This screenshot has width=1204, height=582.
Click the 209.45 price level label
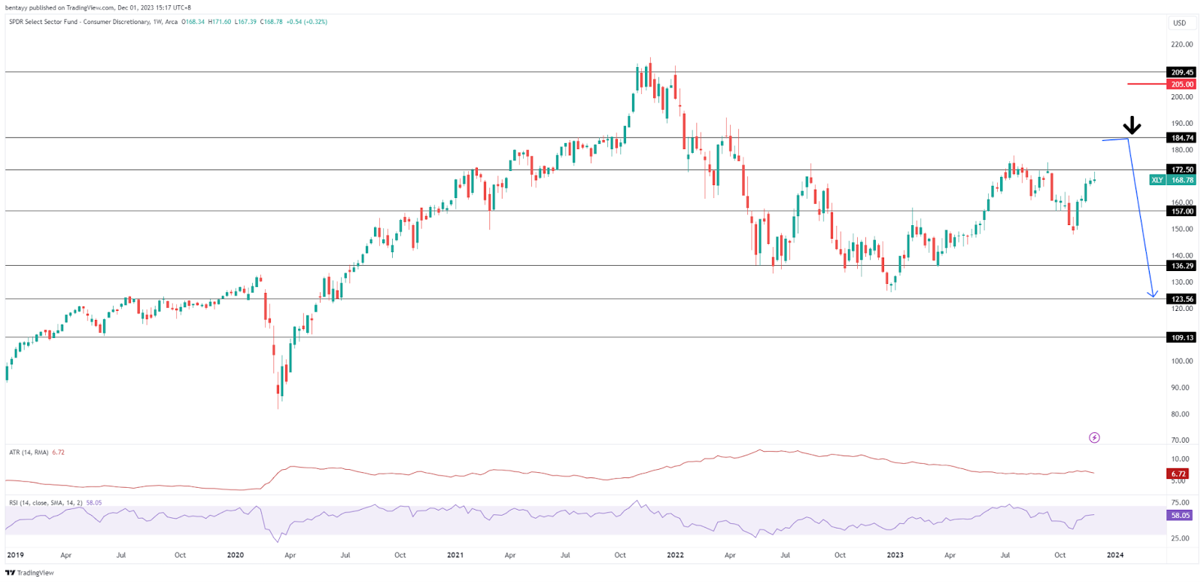tap(1181, 72)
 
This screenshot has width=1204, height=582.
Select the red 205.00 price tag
tap(1181, 84)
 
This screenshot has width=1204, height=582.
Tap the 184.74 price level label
tap(1181, 138)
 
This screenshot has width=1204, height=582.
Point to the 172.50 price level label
tap(1181, 169)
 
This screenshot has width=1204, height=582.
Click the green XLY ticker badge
tap(1157, 180)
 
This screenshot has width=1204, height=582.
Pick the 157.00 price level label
tap(1181, 212)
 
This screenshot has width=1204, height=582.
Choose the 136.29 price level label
tap(1181, 266)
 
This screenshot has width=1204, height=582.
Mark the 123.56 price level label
tap(1181, 299)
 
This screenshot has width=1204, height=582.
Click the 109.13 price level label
tap(1181, 337)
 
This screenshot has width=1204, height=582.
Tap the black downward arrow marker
tap(1132, 126)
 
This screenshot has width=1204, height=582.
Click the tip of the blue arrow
tap(1153, 297)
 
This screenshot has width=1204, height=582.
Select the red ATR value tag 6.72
tap(1178, 474)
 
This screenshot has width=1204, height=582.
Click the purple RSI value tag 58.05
tap(1180, 516)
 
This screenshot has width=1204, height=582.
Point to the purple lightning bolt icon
tap(1094, 437)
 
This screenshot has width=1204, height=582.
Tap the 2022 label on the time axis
tap(675, 555)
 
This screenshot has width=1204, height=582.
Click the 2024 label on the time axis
tap(1114, 555)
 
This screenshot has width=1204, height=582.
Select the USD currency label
tap(1179, 23)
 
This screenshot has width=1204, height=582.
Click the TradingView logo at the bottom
tap(30, 573)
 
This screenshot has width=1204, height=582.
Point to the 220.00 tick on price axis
tap(1181, 44)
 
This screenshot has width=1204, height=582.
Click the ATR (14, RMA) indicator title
tap(29, 452)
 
